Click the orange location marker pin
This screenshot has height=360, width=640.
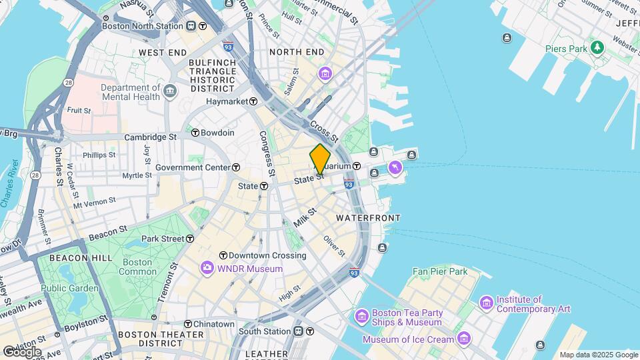tap(320, 159)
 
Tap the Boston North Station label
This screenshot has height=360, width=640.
tap(143, 26)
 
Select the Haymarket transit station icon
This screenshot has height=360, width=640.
tap(253, 101)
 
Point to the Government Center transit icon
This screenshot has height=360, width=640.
tap(236, 167)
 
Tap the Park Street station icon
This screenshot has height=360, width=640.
tap(190, 238)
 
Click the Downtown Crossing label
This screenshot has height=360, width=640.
tap(267, 255)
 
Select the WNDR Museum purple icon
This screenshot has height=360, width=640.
tap(207, 269)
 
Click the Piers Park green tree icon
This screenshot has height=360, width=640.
tap(597, 47)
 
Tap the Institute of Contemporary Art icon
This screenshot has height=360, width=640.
tap(486, 304)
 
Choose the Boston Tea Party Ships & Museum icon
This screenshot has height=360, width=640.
tap(362, 315)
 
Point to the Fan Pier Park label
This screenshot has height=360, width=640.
tap(440, 271)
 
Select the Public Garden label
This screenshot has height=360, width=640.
tap(69, 288)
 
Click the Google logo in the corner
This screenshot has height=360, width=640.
tap(21, 351)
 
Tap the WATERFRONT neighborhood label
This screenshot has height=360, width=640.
tap(368, 218)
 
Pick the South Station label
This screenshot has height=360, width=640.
tap(265, 331)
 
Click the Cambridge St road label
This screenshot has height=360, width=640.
tap(151, 137)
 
